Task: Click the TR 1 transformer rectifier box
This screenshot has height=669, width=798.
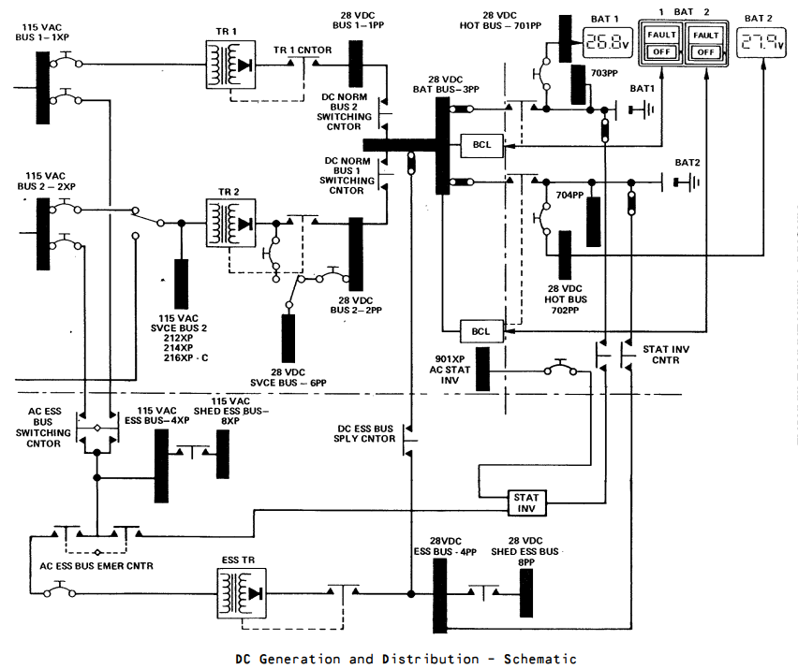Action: point(230,65)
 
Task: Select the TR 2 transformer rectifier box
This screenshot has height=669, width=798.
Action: point(230,224)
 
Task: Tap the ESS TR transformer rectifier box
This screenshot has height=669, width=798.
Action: point(242,593)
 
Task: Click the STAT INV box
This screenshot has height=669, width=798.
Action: point(526,503)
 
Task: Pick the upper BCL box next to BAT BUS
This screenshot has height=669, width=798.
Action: point(482,145)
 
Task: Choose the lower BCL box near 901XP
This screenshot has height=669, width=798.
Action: point(481,331)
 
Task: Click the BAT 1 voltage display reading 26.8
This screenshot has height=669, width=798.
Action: point(607,43)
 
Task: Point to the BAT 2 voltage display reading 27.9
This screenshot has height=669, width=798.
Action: point(761,42)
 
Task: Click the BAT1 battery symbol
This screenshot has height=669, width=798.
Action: point(642,109)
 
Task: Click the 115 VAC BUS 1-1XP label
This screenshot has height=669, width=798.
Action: point(42,32)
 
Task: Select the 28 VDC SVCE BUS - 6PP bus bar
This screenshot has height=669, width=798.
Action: point(288,339)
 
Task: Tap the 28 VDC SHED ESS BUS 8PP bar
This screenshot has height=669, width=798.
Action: point(526,593)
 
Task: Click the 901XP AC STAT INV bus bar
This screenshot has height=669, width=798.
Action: point(482,369)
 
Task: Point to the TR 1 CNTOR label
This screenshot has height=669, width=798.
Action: point(303,50)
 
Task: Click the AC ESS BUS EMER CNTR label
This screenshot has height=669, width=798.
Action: point(96,566)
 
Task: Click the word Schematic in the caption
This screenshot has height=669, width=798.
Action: point(540,659)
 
